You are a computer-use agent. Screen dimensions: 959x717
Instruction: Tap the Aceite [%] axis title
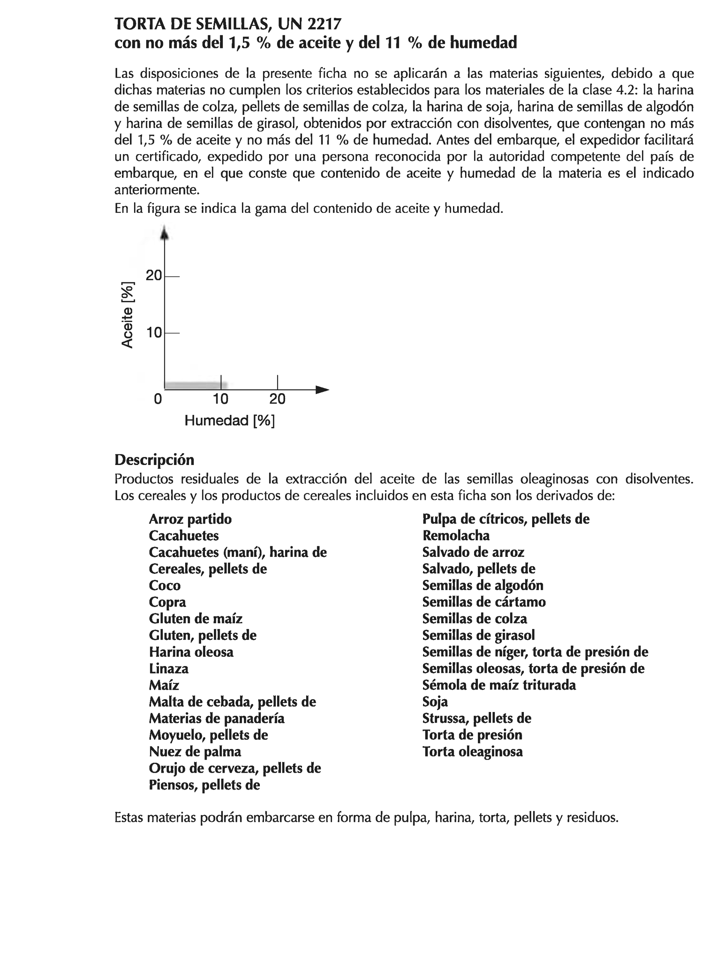pyautogui.click(x=127, y=315)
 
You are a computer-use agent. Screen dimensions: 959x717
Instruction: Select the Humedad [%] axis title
pyautogui.click(x=229, y=420)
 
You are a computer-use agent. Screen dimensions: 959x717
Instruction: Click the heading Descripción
pyautogui.click(x=154, y=459)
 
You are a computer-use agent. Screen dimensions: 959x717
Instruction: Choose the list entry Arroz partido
pyautogui.click(x=190, y=519)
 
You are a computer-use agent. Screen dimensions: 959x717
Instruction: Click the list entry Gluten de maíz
pyautogui.click(x=195, y=619)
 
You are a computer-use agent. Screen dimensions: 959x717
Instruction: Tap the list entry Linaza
pyautogui.click(x=168, y=668)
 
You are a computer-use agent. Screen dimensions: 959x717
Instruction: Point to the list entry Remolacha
pyautogui.click(x=455, y=535)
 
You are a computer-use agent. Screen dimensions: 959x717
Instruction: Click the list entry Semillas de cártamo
pyautogui.click(x=484, y=602)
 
